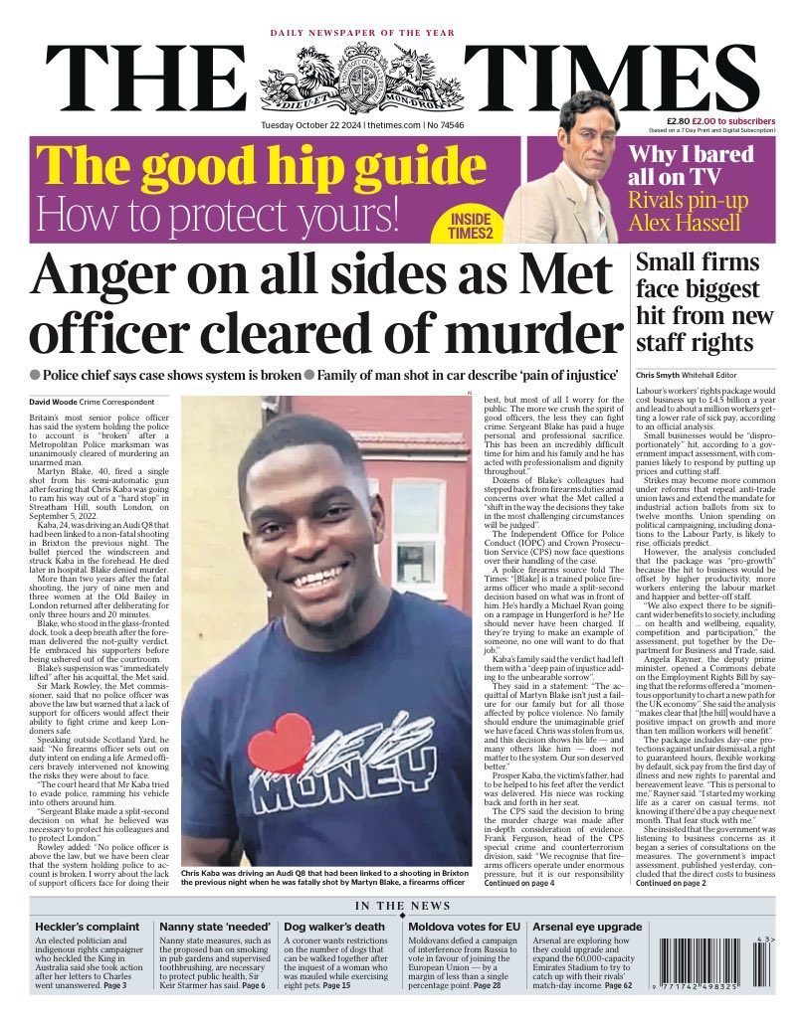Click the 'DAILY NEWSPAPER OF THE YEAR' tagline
[362, 33]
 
